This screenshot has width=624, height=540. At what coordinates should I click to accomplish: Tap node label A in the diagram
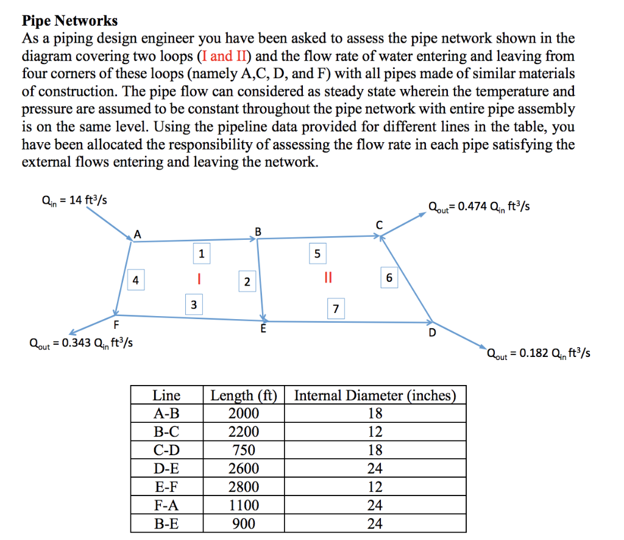coord(137,234)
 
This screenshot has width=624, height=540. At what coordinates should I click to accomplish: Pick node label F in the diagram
coord(116,323)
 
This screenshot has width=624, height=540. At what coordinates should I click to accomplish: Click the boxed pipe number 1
coord(201,253)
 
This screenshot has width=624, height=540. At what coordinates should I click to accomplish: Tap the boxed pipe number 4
coord(136,280)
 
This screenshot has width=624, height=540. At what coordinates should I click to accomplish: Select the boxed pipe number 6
coord(389,278)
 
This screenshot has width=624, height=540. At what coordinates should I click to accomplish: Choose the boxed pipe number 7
coord(335,309)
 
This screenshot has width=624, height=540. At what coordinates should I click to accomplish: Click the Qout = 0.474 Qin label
coord(479,207)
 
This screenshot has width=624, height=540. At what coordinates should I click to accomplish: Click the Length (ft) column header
coord(243,395)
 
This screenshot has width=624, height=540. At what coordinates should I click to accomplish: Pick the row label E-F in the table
coord(166,487)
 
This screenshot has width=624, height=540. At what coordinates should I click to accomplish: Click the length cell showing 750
coord(243,450)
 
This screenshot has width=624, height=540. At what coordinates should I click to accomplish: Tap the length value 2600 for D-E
coord(243,469)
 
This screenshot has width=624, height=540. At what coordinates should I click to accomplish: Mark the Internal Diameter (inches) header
coord(375,395)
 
